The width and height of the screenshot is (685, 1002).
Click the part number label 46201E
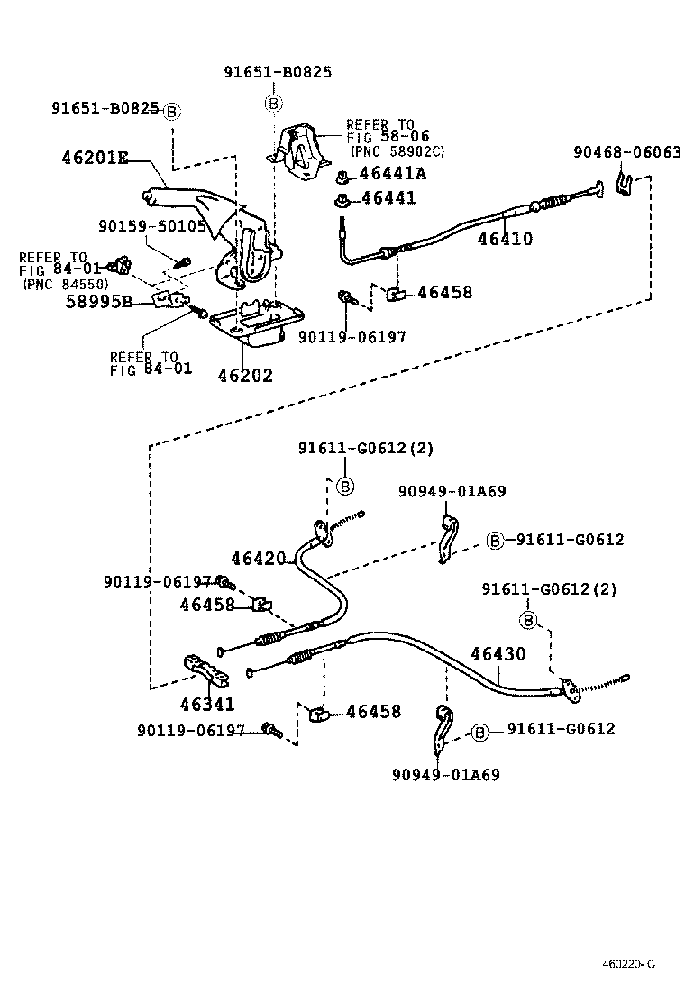(x=94, y=159)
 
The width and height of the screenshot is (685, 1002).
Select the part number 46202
(x=244, y=375)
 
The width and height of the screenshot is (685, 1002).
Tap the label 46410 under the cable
(x=505, y=240)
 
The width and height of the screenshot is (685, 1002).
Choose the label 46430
(x=498, y=654)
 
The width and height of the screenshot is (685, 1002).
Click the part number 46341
(x=206, y=705)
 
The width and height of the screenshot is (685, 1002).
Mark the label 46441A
(x=393, y=174)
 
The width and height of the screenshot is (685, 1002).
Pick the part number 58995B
(x=99, y=302)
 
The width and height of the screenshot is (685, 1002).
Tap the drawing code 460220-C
(x=628, y=964)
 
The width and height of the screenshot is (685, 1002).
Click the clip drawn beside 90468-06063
(x=623, y=186)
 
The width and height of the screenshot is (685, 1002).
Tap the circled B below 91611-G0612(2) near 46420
(x=344, y=486)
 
